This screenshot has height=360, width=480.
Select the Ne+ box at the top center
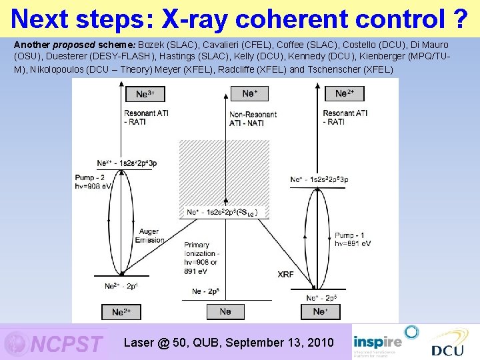(x=249, y=94)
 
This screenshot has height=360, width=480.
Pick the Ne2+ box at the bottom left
(x=121, y=312)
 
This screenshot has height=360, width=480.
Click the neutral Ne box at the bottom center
(x=225, y=311)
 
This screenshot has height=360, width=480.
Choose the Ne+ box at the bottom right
(x=320, y=311)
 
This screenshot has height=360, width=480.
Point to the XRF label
(x=285, y=274)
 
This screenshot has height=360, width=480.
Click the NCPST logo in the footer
(x=55, y=343)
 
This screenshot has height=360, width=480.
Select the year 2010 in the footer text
(x=317, y=343)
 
